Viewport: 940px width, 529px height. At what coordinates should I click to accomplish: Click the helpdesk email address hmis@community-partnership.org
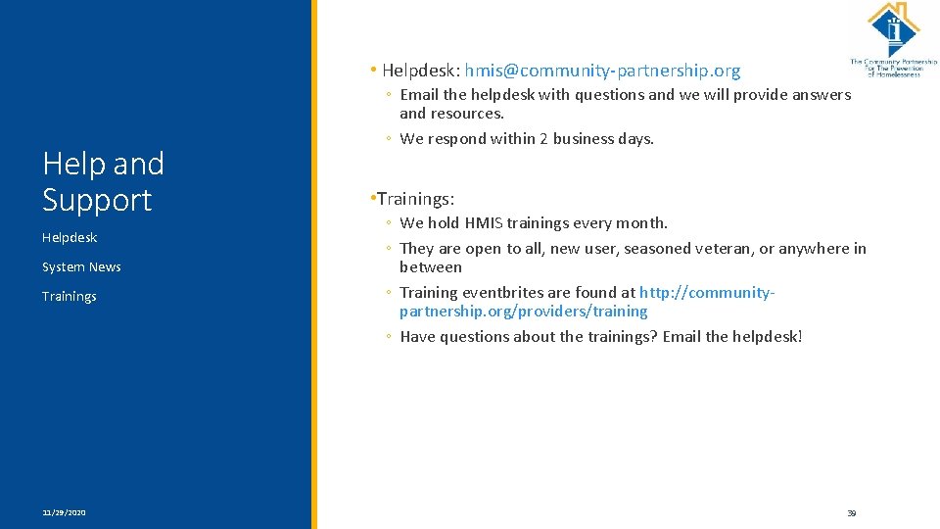point(602,71)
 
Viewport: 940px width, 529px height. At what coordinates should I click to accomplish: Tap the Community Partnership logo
point(892,39)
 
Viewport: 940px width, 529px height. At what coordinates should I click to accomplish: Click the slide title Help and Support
point(103,181)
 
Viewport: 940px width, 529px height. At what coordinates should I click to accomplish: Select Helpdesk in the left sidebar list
point(70,237)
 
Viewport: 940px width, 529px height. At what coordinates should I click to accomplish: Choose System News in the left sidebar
point(81,266)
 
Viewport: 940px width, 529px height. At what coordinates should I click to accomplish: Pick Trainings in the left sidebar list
point(70,296)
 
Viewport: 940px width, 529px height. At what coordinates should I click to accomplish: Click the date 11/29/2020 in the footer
point(64,512)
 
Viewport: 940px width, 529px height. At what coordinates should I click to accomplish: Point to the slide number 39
point(851,512)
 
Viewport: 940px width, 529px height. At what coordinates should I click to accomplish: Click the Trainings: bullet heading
point(415,199)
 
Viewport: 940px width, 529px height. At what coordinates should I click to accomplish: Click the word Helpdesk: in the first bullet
point(421,71)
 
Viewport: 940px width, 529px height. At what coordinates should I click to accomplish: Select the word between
point(431,266)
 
